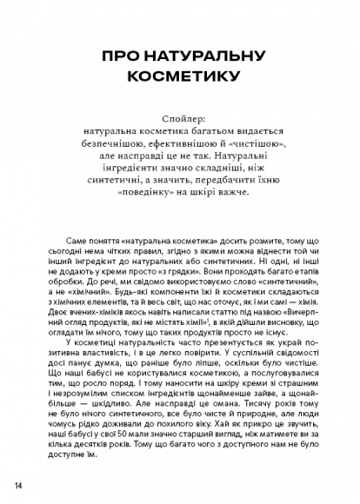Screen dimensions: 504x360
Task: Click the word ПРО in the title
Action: (x=120, y=55)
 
